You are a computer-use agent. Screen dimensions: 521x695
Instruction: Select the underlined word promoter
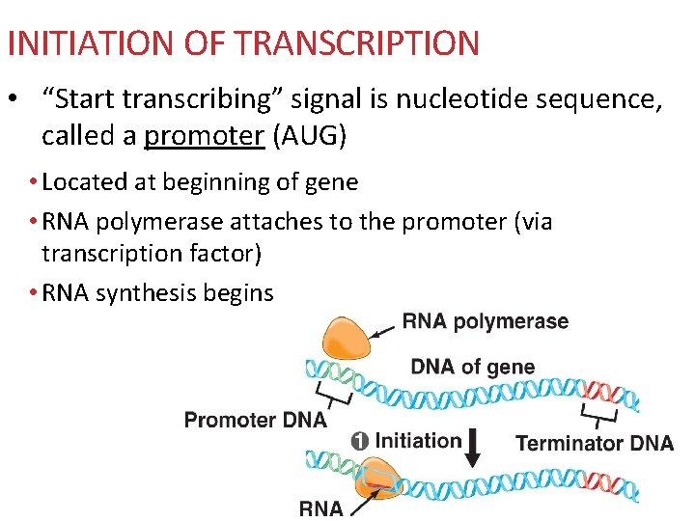(204, 136)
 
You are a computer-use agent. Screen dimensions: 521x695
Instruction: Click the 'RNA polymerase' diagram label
(485, 321)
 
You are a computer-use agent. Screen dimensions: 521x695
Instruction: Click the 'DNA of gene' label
(472, 367)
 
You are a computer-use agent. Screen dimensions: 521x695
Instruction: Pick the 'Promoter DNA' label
(255, 420)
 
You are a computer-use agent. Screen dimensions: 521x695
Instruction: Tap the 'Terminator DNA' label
(595, 443)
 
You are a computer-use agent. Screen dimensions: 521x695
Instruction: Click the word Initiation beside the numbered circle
(418, 441)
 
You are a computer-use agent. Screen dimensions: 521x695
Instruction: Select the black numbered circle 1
(359, 441)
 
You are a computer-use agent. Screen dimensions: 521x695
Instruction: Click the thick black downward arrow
(473, 447)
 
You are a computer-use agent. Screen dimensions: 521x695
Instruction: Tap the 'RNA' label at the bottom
(320, 507)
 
